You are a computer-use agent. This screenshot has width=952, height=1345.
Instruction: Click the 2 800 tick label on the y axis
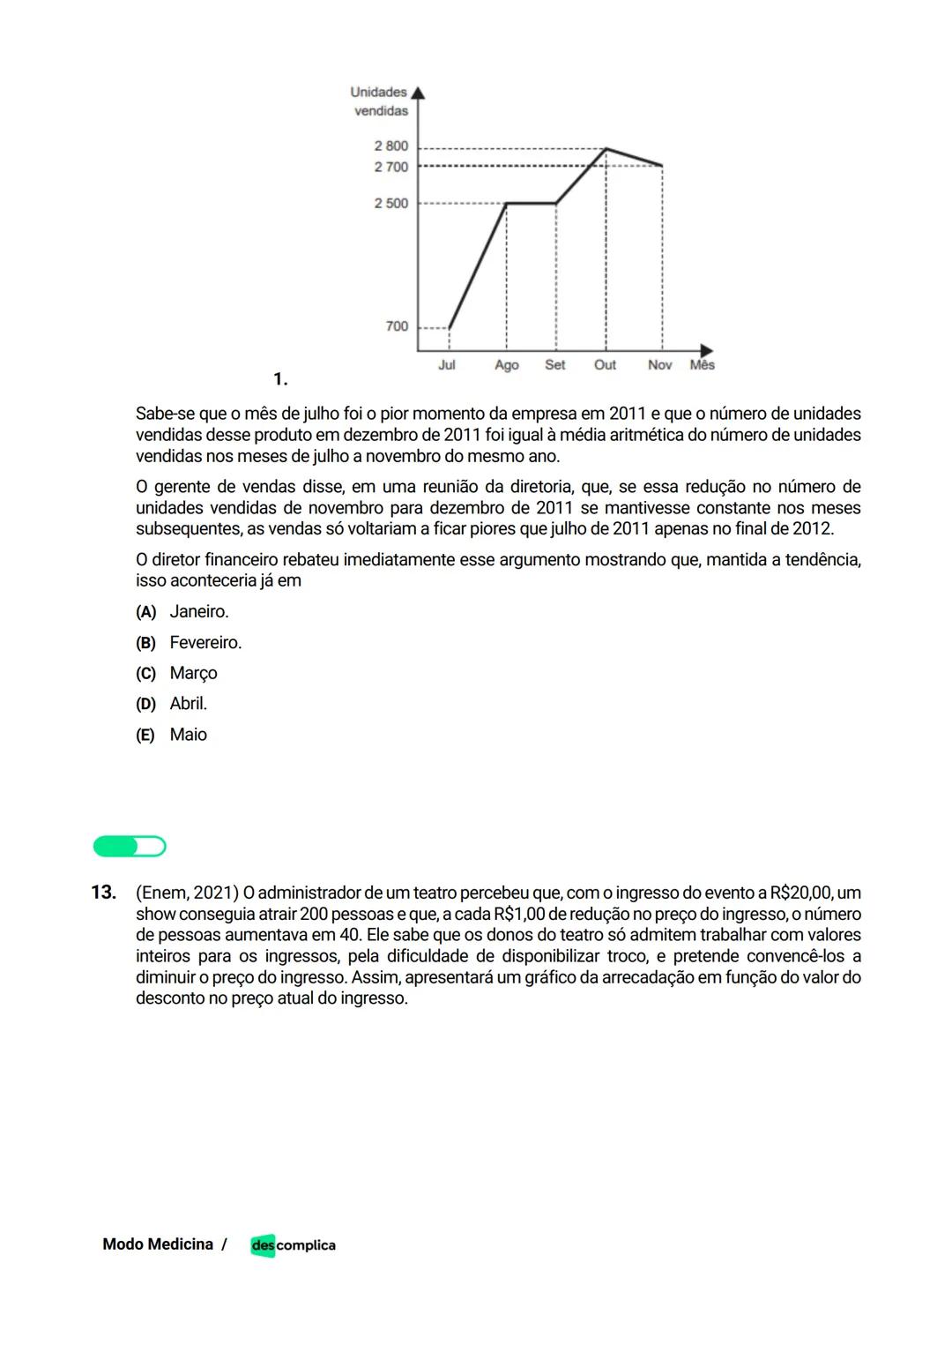[x=390, y=146]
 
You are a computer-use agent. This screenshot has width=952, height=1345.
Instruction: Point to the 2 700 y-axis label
[x=390, y=167]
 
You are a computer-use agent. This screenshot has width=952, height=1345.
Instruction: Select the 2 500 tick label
[x=390, y=203]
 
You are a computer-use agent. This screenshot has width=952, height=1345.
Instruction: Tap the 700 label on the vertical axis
[x=397, y=326]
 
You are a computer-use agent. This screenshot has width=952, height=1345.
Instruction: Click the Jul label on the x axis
[x=447, y=365]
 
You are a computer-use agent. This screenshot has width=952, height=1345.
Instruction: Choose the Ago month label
[x=507, y=365]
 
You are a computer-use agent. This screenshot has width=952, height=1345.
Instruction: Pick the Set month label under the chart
[x=555, y=365]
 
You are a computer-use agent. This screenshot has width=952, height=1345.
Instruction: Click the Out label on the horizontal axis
[x=605, y=365]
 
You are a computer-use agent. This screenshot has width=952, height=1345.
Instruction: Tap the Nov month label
[x=659, y=365]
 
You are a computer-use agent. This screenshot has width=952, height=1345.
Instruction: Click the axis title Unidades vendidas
[x=379, y=101]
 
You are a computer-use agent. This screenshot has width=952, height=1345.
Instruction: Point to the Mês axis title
[x=703, y=365]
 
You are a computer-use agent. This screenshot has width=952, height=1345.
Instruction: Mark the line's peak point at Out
[x=606, y=148]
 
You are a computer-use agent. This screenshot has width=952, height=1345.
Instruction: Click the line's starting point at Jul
[x=450, y=327]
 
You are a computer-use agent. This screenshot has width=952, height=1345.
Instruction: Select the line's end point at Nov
[x=662, y=165]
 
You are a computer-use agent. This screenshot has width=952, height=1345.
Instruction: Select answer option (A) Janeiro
[x=182, y=612]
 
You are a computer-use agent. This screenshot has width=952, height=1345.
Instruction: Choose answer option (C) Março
[x=177, y=673]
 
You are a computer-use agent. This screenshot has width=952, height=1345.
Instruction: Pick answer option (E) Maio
[x=172, y=735]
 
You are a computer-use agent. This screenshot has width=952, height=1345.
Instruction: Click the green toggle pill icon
[x=130, y=847]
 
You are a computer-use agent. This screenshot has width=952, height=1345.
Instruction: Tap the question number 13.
[x=103, y=893]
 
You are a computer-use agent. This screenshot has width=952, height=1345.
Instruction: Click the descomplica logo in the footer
[x=293, y=1245]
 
